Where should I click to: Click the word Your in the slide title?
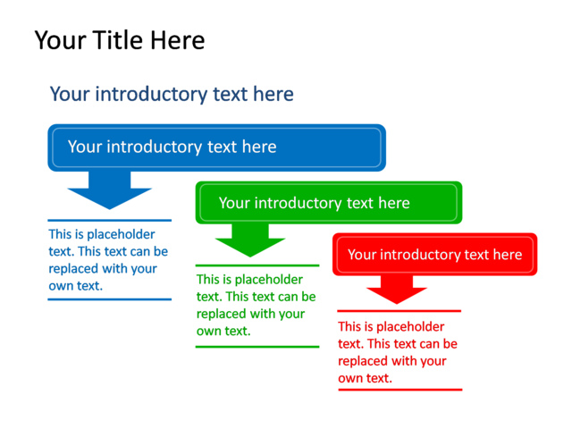[x=61, y=39]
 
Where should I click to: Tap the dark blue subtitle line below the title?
[x=172, y=94]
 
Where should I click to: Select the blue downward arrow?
[x=109, y=189]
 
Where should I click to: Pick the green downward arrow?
[x=250, y=240]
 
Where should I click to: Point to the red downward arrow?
[x=397, y=290]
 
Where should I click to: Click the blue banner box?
[x=216, y=147]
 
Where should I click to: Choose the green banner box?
[x=329, y=203]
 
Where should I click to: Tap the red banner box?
[x=435, y=254]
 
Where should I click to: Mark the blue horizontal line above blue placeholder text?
[x=109, y=221]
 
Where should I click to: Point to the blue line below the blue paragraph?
[x=109, y=299]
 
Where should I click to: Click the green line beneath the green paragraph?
[x=257, y=347]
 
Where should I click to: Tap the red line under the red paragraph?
[x=400, y=390]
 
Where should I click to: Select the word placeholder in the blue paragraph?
[x=121, y=234]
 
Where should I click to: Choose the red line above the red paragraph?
[x=400, y=311]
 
